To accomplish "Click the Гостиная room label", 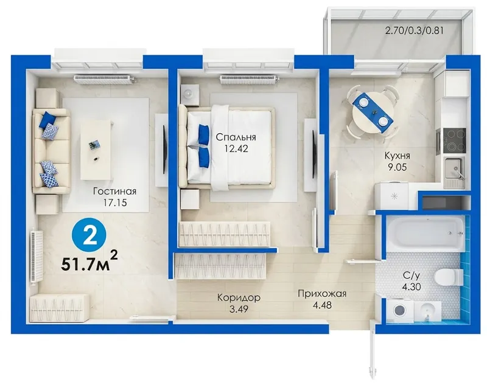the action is pyautogui.click(x=115, y=191).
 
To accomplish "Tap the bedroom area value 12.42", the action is pyautogui.click(x=236, y=148).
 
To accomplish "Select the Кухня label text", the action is pyautogui.click(x=398, y=156).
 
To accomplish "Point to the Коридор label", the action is pyautogui.click(x=239, y=297).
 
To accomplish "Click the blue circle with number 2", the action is pyautogui.click(x=89, y=237).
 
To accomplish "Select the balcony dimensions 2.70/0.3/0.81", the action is pyautogui.click(x=414, y=30).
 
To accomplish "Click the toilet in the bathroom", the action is pyautogui.click(x=449, y=277).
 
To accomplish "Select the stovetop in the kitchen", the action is pyautogui.click(x=454, y=142).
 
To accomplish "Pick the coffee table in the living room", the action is pyautogui.click(x=97, y=150).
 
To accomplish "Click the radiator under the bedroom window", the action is pyautogui.click(x=248, y=80).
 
